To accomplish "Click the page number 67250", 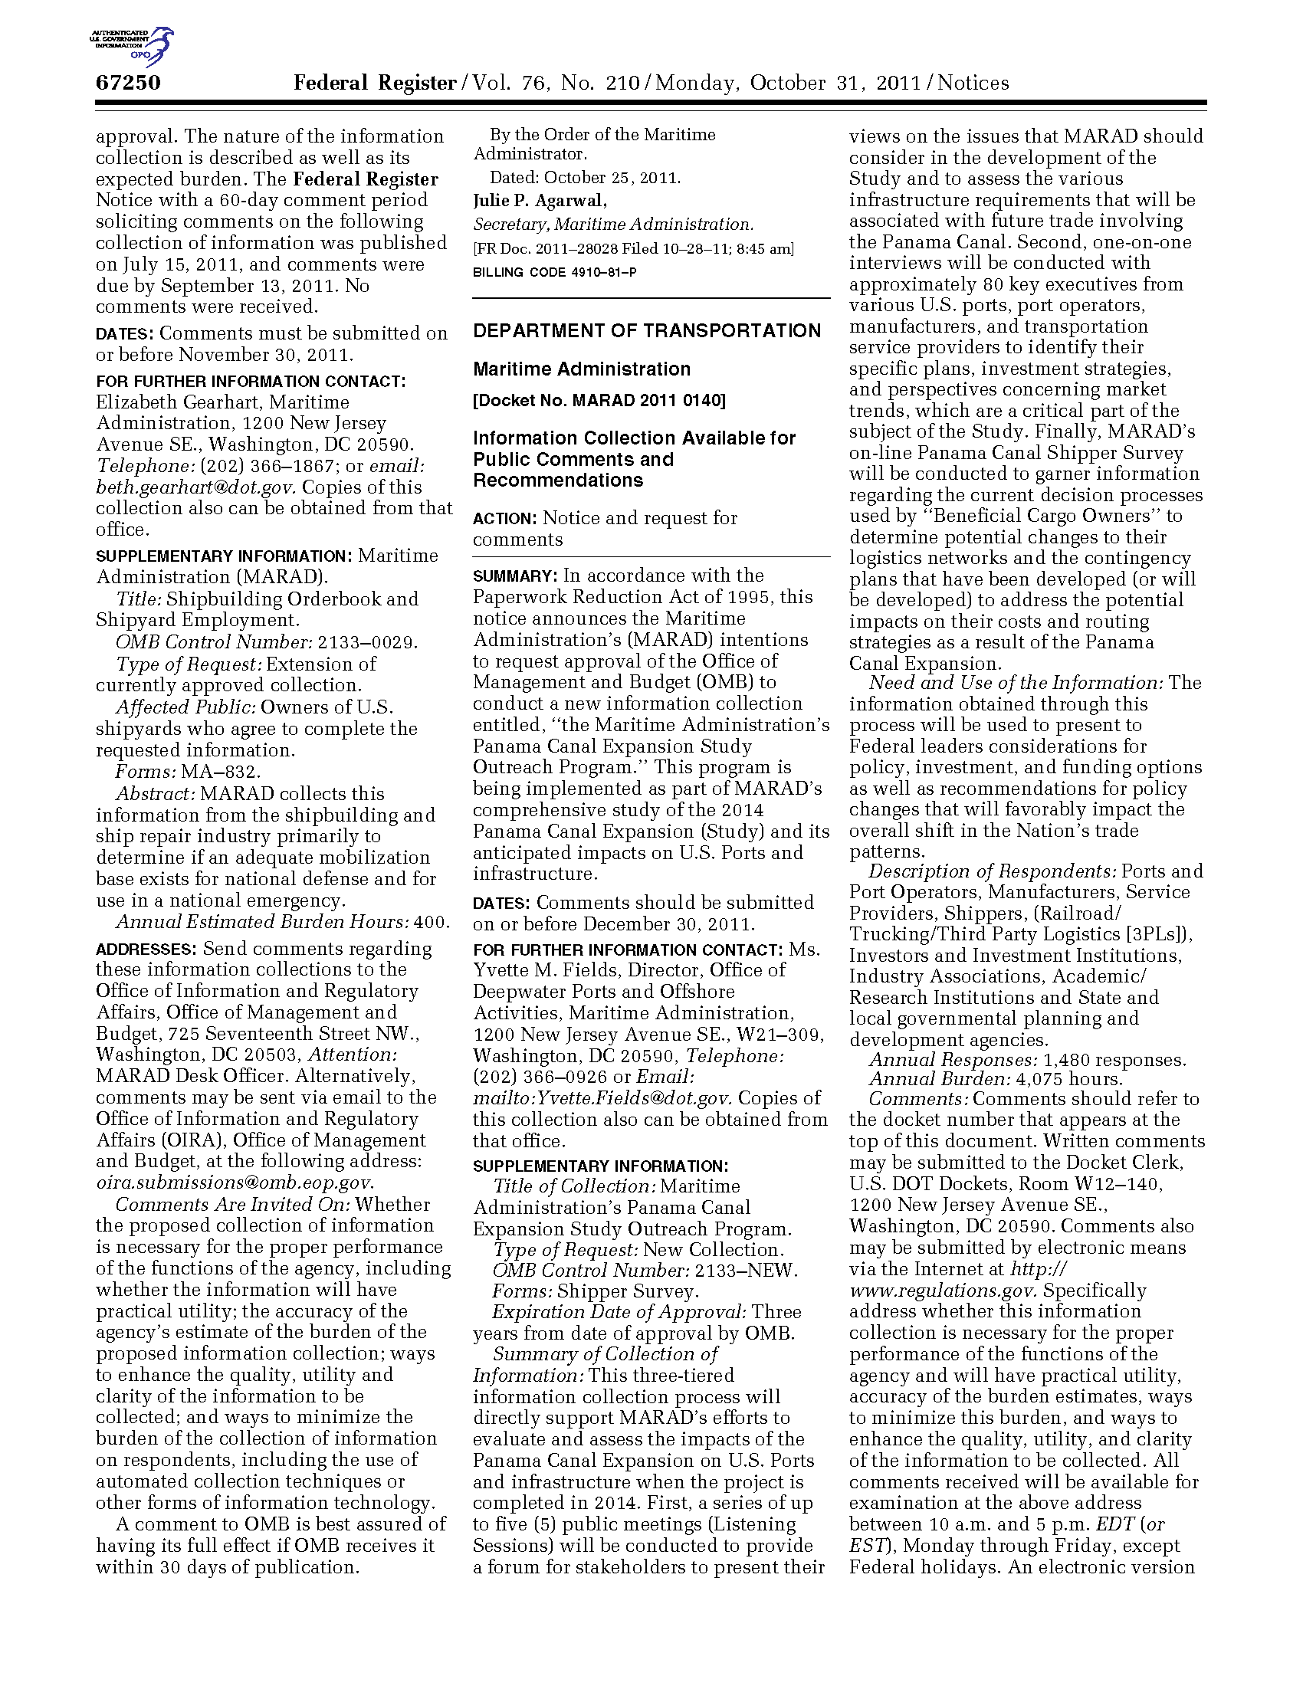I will click(x=128, y=83).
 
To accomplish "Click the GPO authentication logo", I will click(x=132, y=45).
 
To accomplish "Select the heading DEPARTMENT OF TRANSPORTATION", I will click(x=647, y=331).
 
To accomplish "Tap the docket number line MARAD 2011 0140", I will click(x=599, y=401).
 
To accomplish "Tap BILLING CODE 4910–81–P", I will click(x=555, y=273).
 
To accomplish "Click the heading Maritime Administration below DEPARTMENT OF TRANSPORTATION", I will click(x=581, y=369).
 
